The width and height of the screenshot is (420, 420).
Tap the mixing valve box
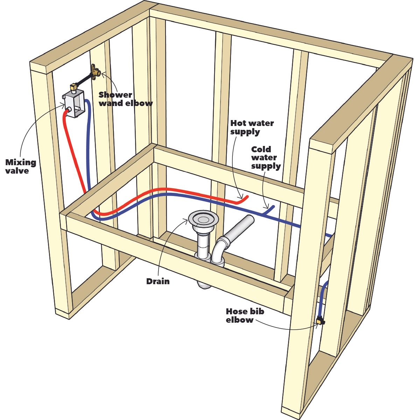click(75, 104)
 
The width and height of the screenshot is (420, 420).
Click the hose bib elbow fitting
click(320, 320)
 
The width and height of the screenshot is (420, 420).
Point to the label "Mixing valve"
click(21, 167)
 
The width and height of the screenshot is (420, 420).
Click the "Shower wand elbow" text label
click(125, 99)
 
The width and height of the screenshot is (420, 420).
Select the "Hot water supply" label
click(252, 127)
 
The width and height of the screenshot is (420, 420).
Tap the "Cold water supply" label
click(266, 158)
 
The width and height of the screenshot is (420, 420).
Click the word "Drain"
click(158, 281)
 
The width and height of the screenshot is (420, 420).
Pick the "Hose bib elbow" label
click(245, 315)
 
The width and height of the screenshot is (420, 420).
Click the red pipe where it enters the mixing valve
click(66, 112)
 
